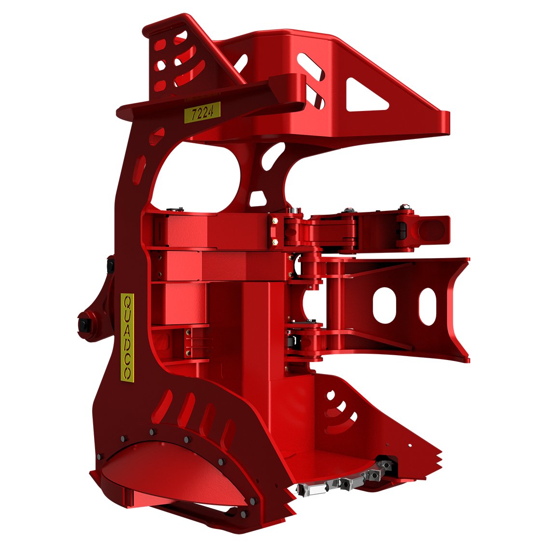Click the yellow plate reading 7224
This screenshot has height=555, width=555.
click(x=202, y=112)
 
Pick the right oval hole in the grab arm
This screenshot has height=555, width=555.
click(x=427, y=306)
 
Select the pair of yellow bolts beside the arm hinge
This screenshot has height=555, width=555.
click(x=275, y=231)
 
